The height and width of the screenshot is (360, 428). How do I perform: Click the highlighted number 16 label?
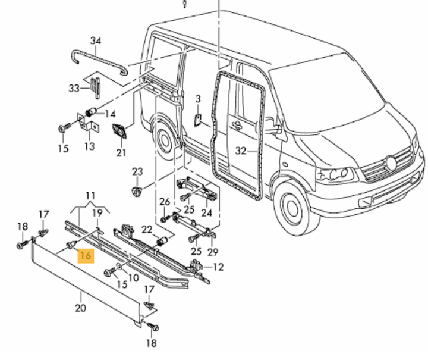pos(85,256)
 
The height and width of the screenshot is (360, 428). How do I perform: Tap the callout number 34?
pos(96,41)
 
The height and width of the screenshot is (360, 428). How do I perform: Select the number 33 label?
pos(74,88)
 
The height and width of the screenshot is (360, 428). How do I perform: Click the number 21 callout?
pos(121,152)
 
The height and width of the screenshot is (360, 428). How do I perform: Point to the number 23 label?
pos(137,172)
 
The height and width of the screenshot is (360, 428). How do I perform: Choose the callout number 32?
pos(240,151)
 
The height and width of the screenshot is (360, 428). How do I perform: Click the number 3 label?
pos(199,98)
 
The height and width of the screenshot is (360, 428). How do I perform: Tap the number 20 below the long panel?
pos(81,308)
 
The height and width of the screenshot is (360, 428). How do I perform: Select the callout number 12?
pos(218,267)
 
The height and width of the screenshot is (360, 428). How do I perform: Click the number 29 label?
pos(213,252)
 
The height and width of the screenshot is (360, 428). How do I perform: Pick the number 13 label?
pos(89,146)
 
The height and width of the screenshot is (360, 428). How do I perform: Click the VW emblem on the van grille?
pos(391,161)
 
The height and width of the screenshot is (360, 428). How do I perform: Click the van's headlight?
pos(335,175)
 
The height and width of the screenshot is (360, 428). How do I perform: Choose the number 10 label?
pos(133,277)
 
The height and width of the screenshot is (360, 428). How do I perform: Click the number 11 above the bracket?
pos(90,195)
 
